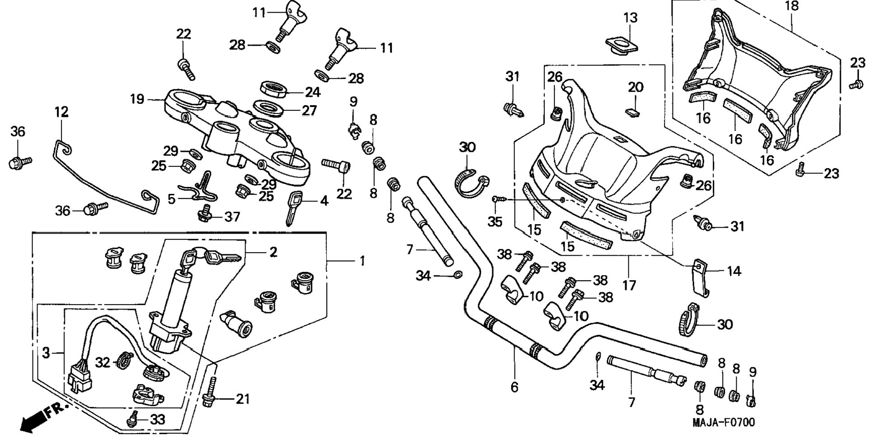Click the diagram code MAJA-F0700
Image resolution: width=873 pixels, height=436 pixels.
(x=724, y=423)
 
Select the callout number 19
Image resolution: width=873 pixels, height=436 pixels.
(x=137, y=98)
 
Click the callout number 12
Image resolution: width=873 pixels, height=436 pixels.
(x=62, y=112)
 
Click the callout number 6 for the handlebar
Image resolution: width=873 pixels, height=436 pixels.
(x=515, y=387)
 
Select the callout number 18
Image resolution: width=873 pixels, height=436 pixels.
(x=792, y=6)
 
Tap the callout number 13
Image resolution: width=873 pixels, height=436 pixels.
(x=630, y=18)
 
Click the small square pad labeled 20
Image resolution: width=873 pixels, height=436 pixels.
(x=633, y=112)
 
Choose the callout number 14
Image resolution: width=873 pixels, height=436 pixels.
(x=734, y=271)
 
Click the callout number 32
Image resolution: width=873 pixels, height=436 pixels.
(x=102, y=362)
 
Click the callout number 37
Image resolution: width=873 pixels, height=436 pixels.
(x=233, y=217)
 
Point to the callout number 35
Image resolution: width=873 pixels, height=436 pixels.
(x=495, y=222)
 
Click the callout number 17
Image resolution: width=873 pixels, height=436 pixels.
(x=629, y=285)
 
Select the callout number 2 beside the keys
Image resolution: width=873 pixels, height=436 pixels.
(x=273, y=252)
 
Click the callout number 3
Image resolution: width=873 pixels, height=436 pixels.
(x=46, y=353)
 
